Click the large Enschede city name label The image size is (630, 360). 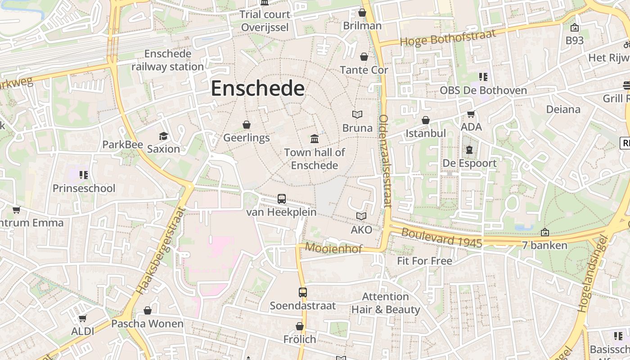click(257, 89)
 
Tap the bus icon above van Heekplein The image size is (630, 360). click(282, 198)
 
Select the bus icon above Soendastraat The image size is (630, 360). click(303, 292)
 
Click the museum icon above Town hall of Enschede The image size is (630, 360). click(315, 138)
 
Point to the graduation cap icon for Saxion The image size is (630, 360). click(163, 136)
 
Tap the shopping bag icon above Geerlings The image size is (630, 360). click(246, 124)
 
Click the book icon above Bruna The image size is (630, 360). click(357, 115)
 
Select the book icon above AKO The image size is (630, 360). click(361, 216)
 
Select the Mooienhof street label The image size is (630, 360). click(333, 247)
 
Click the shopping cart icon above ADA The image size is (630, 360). click(471, 114)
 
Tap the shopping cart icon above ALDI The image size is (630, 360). click(82, 319)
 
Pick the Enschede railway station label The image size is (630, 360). click(167, 60)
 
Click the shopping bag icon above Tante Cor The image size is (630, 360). click(364, 57)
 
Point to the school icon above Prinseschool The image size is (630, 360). click(84, 175)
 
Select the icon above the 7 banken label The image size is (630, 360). click(545, 232)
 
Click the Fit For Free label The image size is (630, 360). click(424, 261)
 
